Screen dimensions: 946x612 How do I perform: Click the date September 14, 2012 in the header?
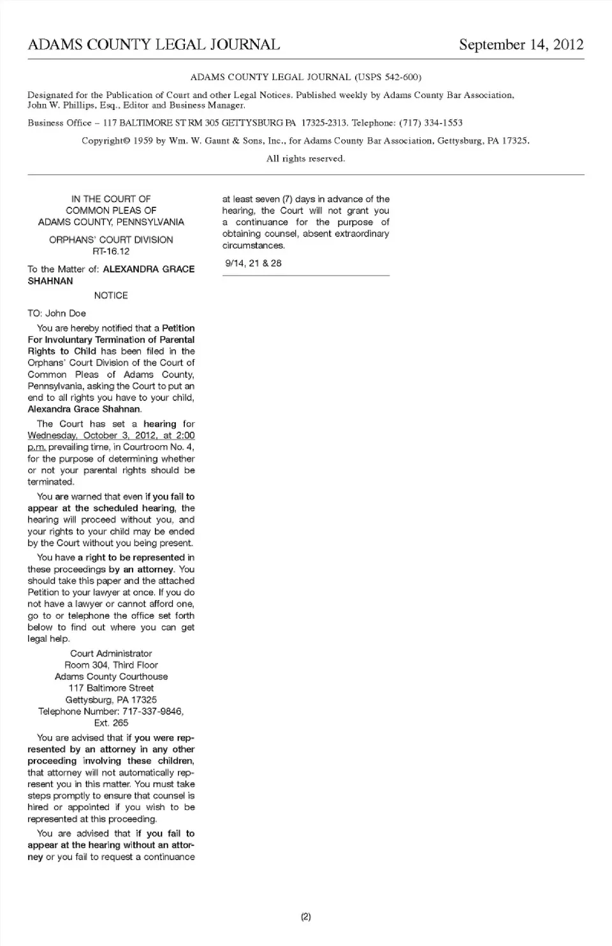pos(521,45)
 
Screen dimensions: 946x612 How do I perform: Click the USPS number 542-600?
pos(397,77)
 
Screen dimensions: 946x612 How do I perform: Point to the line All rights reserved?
pos(305,158)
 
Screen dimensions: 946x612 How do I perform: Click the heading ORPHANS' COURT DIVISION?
pos(111,240)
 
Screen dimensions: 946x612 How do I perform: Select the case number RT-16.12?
pos(111,251)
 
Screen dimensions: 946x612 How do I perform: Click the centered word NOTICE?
pos(111,295)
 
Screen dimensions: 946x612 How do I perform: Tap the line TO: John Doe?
pos(57,313)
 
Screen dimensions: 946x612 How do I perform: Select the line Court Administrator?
pos(111,653)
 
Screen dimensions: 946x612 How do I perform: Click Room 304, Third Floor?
pos(111,665)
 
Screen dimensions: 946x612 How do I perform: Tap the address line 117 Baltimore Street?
pos(111,688)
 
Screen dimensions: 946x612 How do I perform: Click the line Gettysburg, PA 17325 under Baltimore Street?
pos(111,700)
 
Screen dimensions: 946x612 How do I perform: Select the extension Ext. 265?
pos(111,723)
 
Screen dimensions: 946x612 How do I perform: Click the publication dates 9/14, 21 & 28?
pos(253,263)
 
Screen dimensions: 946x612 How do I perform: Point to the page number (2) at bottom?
pos(305,917)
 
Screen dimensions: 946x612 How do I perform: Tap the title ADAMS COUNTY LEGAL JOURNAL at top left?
pos(154,45)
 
